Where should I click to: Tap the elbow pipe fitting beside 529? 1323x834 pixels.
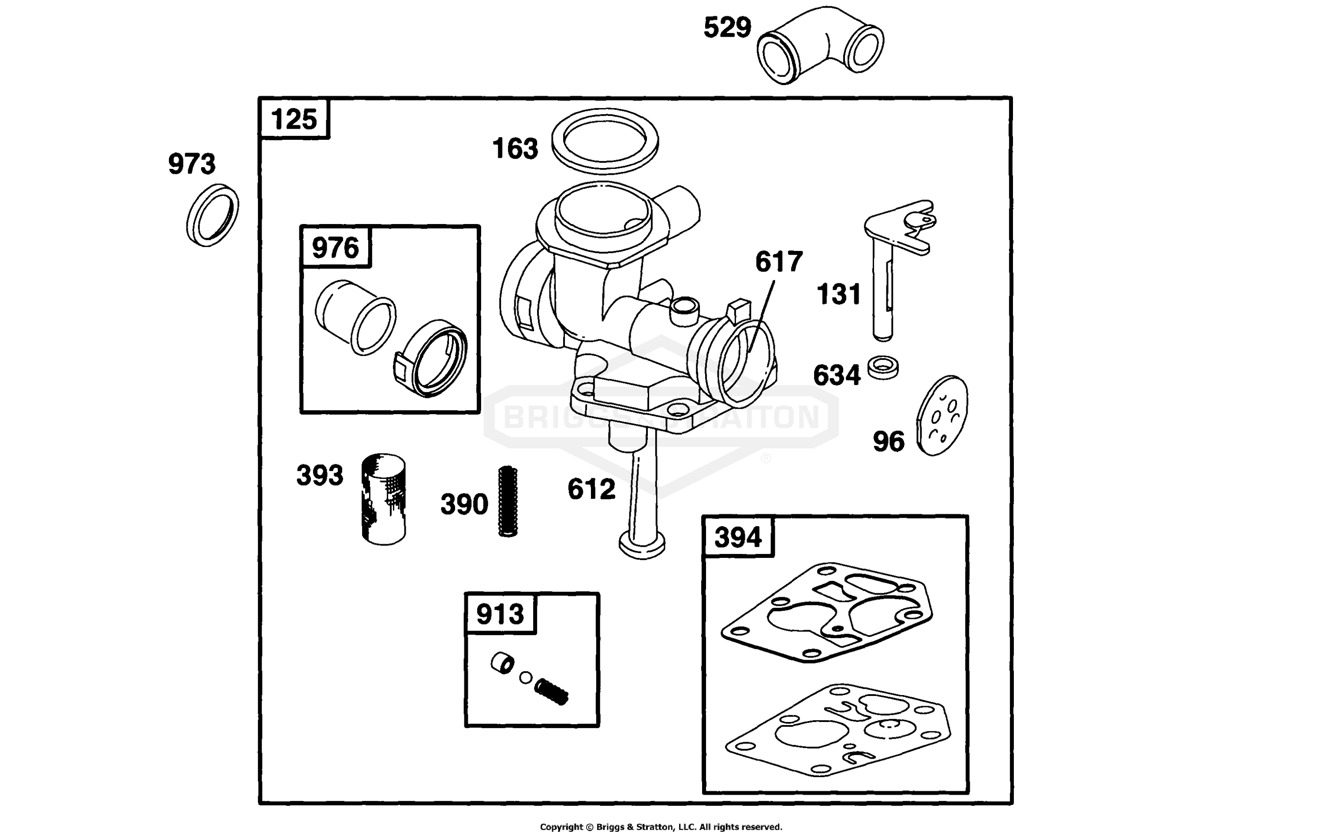820,45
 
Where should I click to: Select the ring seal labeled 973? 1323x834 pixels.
212,215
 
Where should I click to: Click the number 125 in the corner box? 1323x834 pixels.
294,119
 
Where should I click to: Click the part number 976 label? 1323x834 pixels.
335,248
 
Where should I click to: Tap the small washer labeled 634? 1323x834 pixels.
883,367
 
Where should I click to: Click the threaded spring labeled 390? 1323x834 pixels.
508,501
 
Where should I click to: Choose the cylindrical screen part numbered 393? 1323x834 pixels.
384,499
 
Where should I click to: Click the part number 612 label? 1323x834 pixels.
591,489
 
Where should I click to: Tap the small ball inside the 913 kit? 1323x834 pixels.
526,677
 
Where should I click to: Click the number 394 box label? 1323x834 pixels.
738,537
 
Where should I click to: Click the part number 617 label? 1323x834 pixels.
779,262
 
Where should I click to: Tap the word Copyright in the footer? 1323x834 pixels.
561,827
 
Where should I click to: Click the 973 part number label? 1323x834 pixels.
192,164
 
